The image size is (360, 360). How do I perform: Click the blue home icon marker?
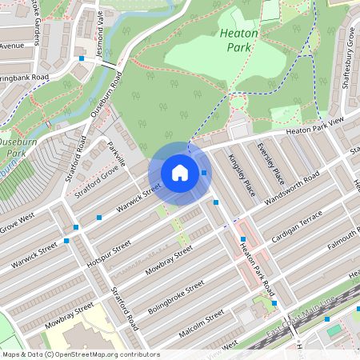coord(180,173)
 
